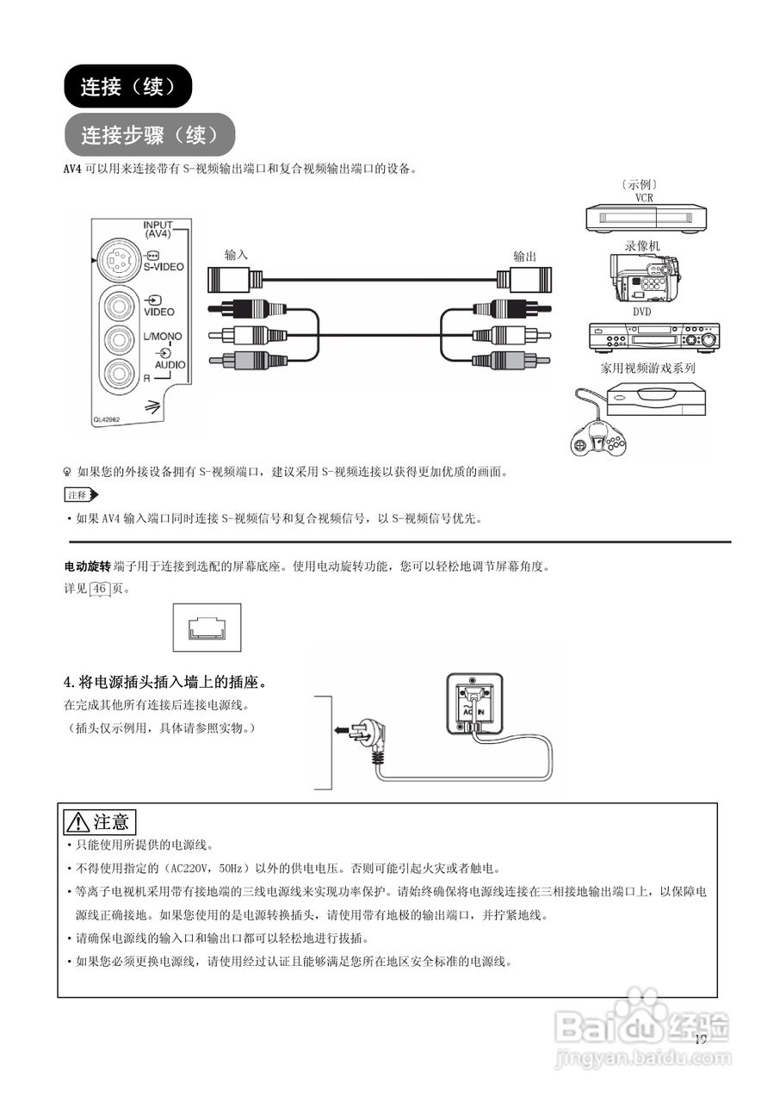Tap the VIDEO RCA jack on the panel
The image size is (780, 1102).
point(119,306)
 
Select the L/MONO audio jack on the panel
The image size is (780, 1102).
point(119,338)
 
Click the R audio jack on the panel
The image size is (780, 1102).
point(119,372)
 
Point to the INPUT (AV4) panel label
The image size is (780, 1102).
point(158,230)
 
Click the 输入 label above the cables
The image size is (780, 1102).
point(236,255)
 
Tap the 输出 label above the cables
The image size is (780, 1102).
point(524,256)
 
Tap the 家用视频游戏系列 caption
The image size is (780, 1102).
point(647,368)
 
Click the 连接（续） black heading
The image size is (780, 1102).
point(128,87)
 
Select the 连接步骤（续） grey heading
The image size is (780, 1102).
point(149,135)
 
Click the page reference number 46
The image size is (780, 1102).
point(101,589)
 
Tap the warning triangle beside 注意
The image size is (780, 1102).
point(79,822)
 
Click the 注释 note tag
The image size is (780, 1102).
point(80,495)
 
